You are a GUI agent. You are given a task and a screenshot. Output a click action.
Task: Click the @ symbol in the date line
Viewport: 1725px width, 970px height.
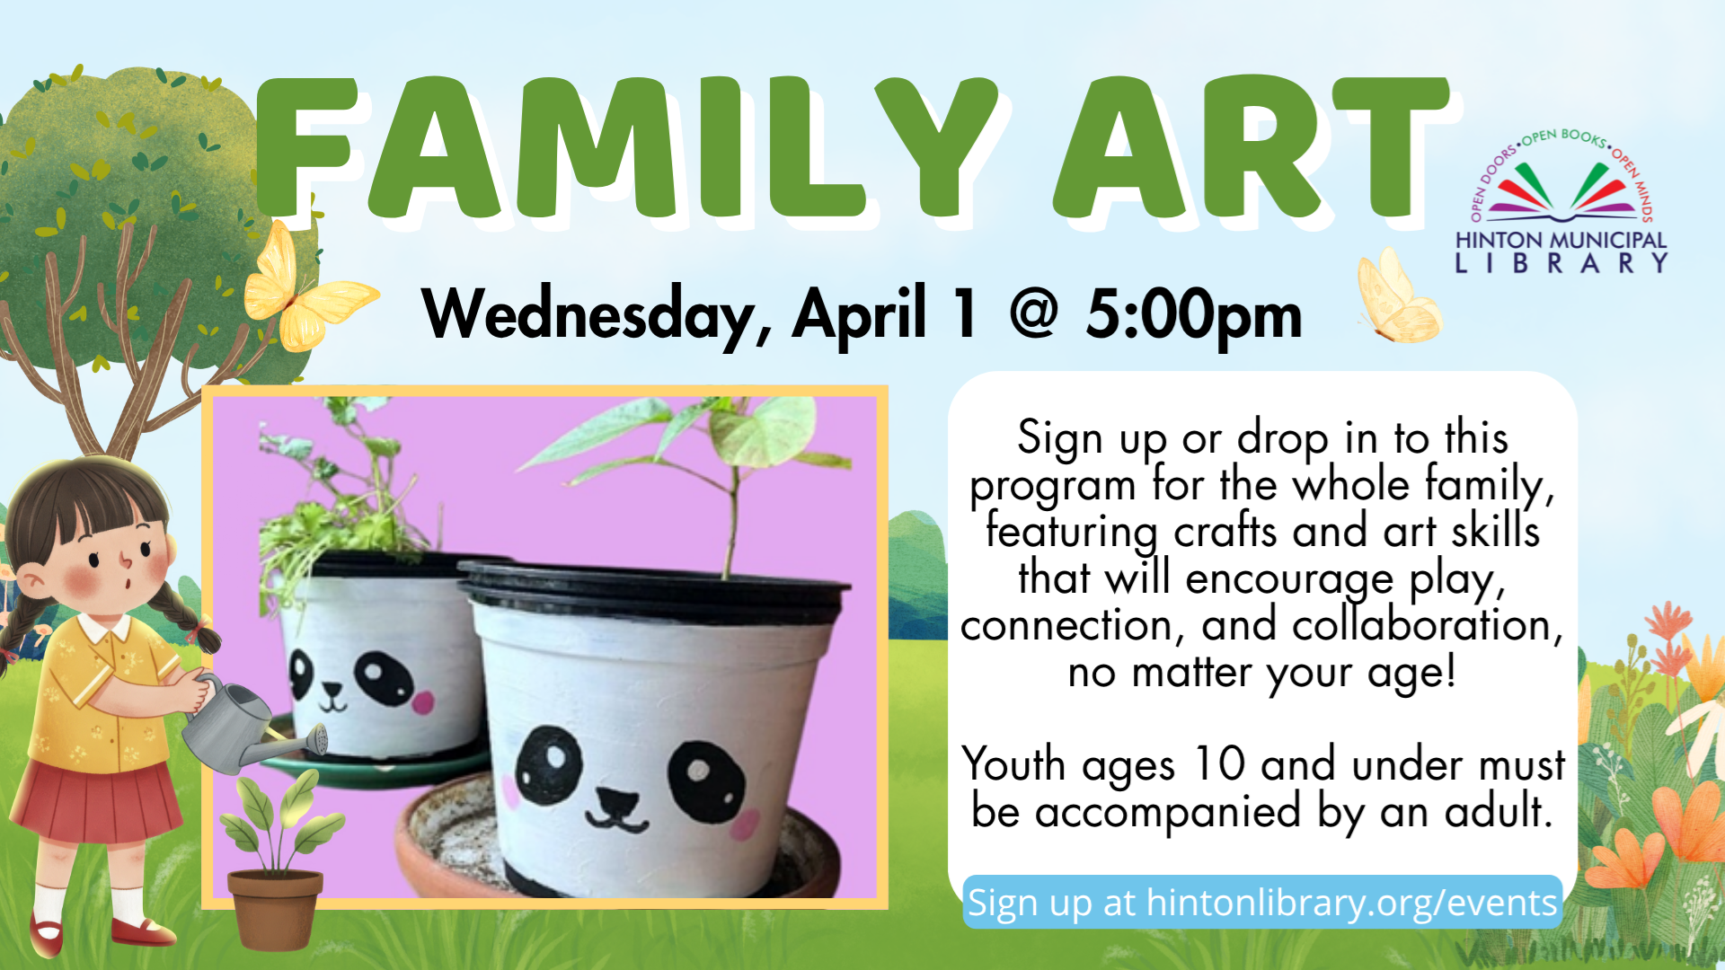click(1033, 314)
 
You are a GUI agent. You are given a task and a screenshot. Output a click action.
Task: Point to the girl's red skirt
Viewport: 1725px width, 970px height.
click(97, 799)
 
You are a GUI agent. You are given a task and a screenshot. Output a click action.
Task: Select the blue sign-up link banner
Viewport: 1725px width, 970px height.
click(1262, 902)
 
